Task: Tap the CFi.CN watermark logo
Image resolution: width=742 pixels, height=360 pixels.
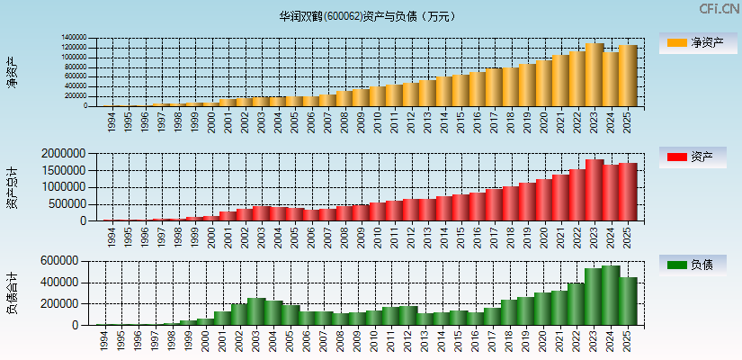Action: (x=720, y=9)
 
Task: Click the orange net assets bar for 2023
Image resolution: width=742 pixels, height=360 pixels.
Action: (x=594, y=75)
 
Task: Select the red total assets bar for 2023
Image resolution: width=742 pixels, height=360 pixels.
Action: (x=594, y=191)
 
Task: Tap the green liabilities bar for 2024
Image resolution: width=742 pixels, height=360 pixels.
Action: (x=611, y=295)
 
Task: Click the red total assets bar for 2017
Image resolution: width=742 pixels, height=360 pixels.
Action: (x=494, y=204)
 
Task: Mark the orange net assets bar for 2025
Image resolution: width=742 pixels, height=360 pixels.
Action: (x=627, y=76)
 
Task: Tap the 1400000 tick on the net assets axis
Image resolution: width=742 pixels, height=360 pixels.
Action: (x=74, y=39)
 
